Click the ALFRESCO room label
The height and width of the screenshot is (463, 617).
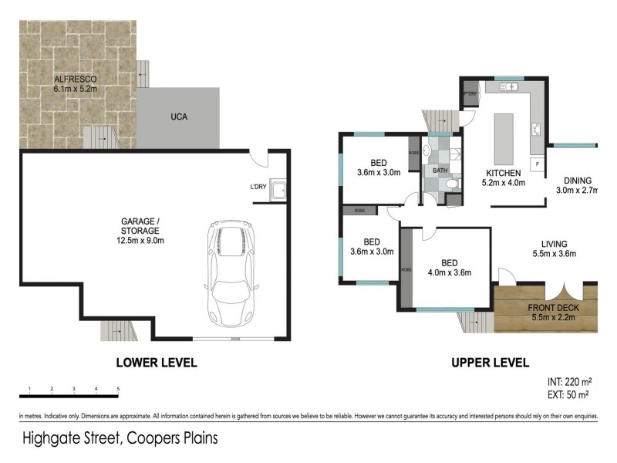(x=74, y=84)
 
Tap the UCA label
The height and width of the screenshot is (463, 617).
(x=180, y=117)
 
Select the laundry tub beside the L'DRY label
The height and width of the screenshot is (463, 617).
(x=278, y=190)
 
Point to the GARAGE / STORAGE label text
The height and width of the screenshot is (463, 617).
(x=140, y=230)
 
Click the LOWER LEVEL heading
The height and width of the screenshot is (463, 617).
(x=156, y=362)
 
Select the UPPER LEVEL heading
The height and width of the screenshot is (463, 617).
(x=491, y=362)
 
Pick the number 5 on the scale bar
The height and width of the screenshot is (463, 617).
(x=118, y=388)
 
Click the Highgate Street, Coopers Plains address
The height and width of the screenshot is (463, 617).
(x=120, y=439)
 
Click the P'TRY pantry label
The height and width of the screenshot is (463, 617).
(x=470, y=94)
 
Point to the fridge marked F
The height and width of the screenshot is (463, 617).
(x=537, y=164)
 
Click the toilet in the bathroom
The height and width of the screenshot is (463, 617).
(x=451, y=184)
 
